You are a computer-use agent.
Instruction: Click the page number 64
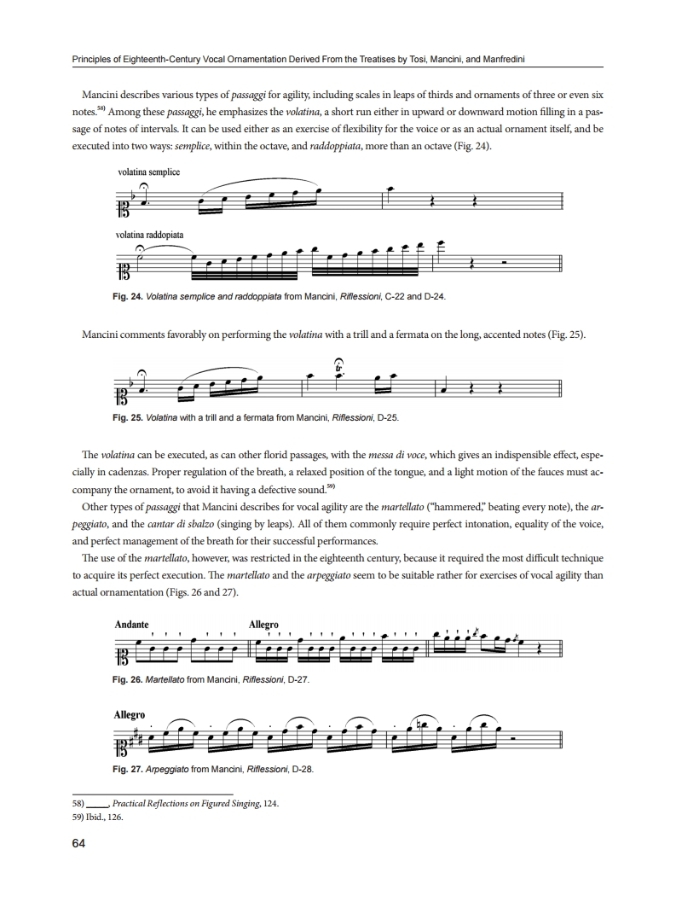(78, 845)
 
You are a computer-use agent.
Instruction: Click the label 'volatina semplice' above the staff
(149, 172)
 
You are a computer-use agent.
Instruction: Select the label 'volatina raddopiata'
(152, 233)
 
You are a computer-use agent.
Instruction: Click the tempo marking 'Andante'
(131, 624)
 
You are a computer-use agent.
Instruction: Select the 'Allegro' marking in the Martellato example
(263, 624)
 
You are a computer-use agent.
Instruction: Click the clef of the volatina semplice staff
(122, 204)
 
